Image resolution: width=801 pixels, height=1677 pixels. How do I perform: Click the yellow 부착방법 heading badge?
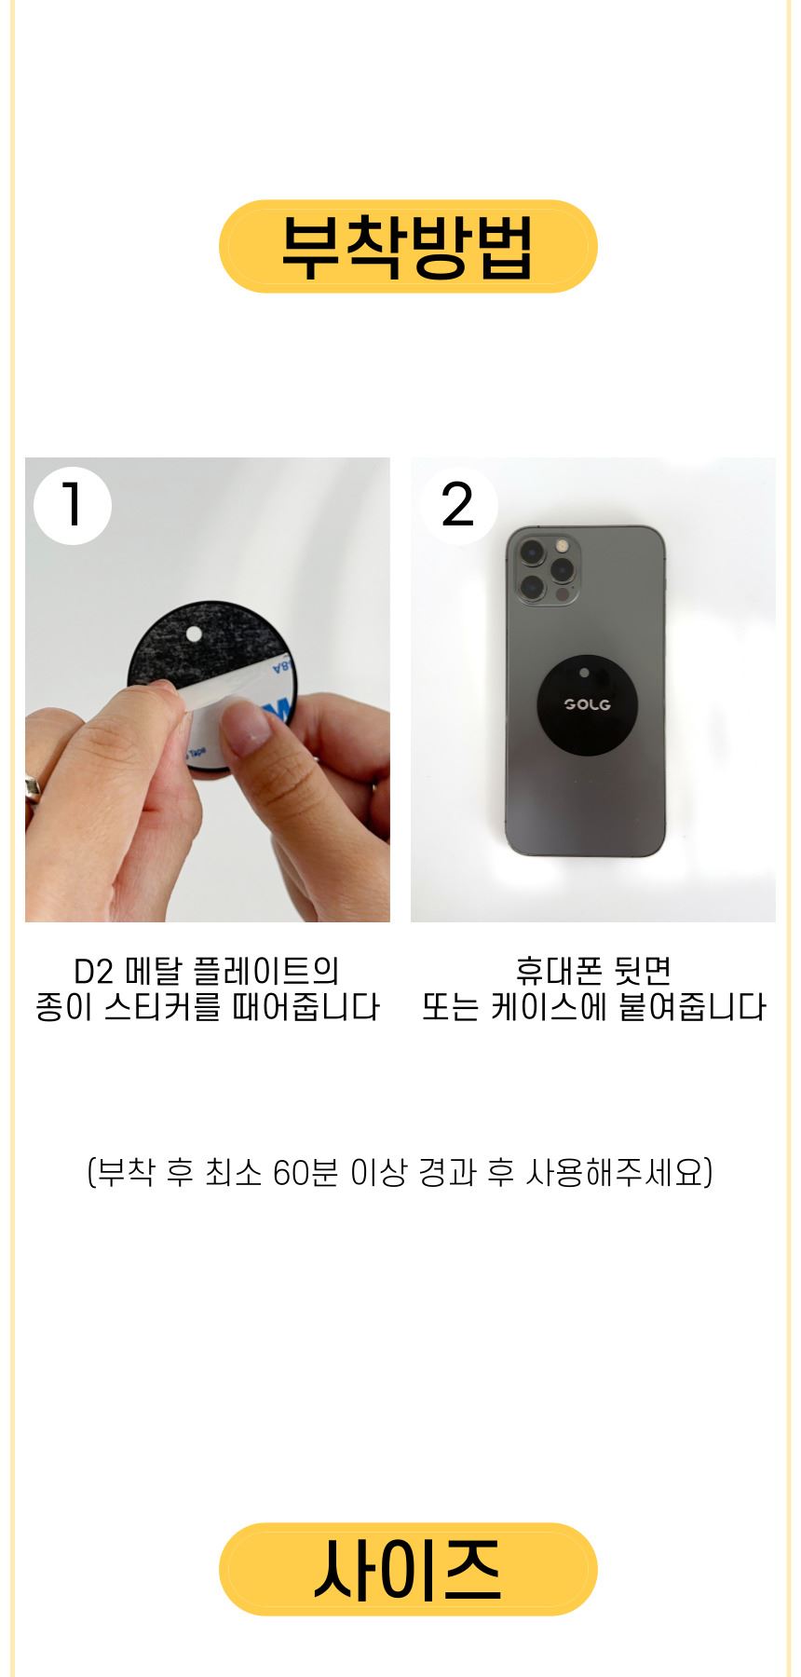[x=408, y=246]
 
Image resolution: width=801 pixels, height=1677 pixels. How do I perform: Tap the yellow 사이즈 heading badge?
[x=408, y=1569]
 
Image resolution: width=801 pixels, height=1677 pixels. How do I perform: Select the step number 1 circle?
[x=73, y=506]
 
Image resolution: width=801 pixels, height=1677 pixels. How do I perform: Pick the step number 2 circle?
[x=458, y=506]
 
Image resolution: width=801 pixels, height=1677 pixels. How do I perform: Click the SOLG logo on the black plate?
[x=588, y=704]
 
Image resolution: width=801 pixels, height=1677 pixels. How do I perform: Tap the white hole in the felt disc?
[x=194, y=635]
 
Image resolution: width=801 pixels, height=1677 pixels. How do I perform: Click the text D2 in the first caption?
[x=93, y=972]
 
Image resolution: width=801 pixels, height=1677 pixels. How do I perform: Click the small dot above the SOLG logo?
[x=584, y=672]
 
